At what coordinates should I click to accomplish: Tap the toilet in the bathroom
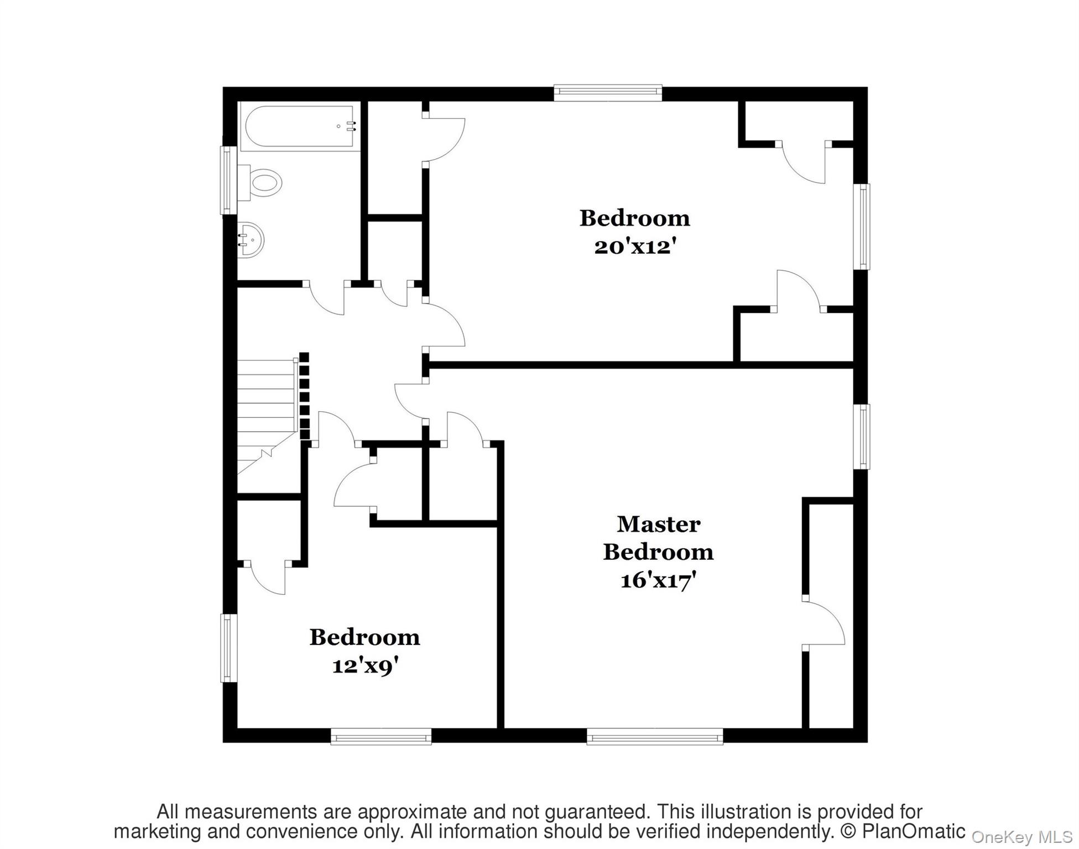click(262, 182)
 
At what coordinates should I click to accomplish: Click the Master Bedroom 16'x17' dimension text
click(658, 580)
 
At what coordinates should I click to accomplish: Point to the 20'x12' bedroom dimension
click(635, 247)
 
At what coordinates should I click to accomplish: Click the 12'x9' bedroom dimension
click(365, 665)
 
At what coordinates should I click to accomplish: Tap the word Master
click(658, 524)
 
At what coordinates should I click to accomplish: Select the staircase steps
click(267, 403)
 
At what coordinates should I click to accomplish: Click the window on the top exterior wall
click(607, 93)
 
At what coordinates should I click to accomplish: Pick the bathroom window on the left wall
click(228, 180)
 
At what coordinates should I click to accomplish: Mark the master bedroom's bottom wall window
click(654, 736)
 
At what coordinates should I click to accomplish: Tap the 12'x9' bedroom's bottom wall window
click(380, 736)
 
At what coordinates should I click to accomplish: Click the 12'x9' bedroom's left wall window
click(228, 648)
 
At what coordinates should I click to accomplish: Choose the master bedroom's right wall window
click(861, 437)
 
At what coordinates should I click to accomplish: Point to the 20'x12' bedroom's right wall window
click(861, 227)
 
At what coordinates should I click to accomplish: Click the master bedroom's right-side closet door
click(824, 622)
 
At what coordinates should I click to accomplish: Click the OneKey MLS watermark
click(1021, 837)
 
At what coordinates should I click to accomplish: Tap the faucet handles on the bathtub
click(350, 126)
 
